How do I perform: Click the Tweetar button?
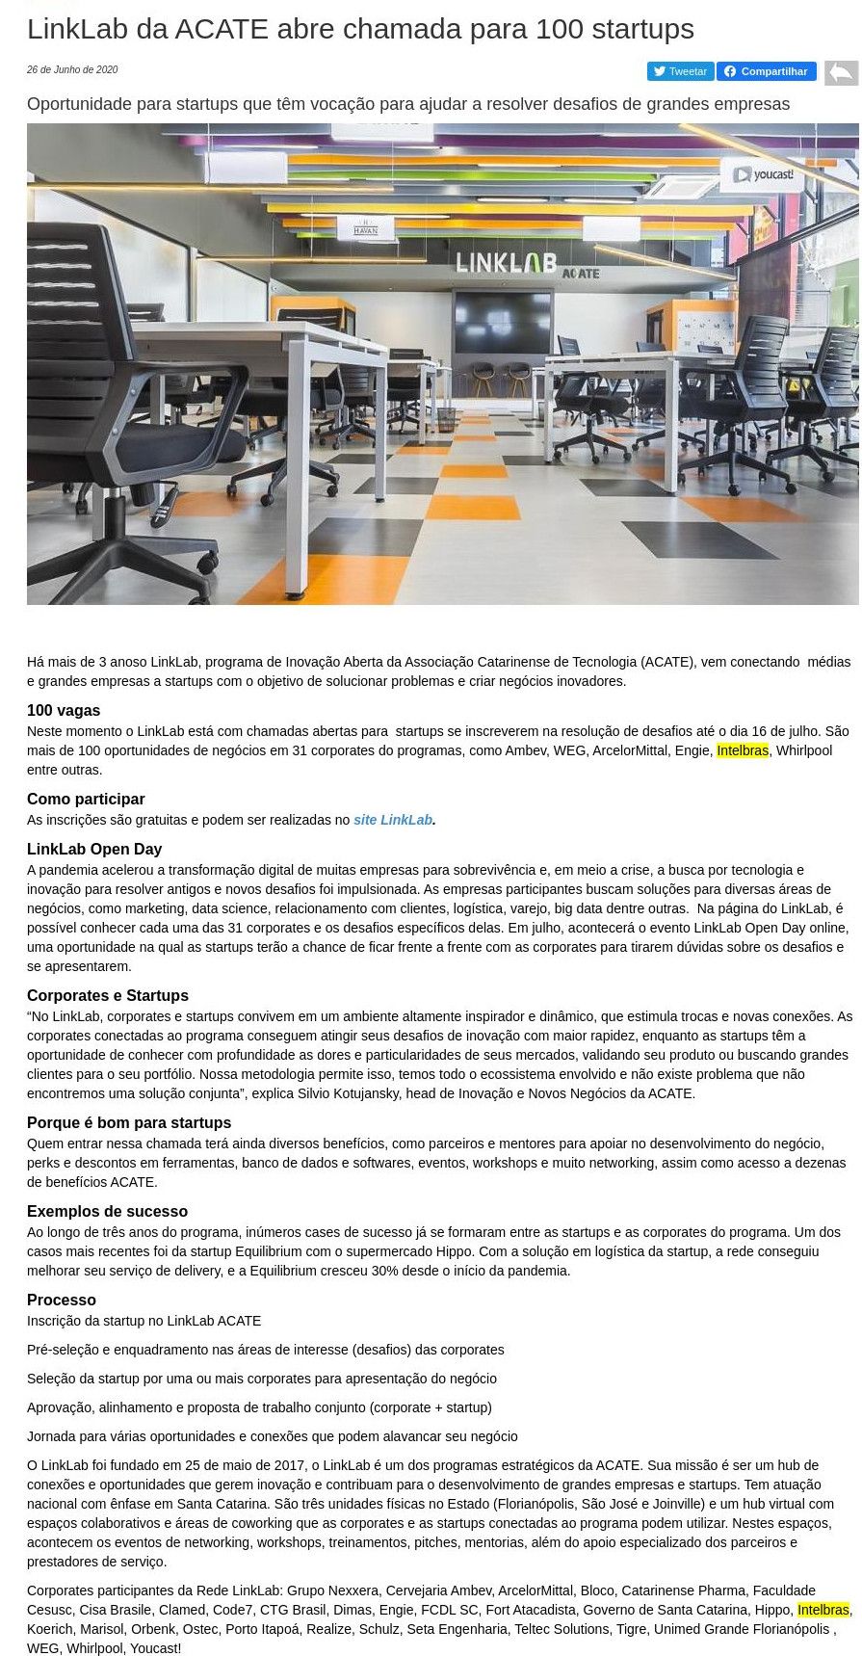680,71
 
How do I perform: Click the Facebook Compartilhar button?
766,71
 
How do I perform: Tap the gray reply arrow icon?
841,72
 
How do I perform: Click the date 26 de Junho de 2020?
72,70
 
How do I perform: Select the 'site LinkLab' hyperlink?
393,820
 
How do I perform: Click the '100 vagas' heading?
64,711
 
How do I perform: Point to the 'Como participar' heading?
86,799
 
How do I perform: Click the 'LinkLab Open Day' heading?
94,849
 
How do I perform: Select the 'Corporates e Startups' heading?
108,995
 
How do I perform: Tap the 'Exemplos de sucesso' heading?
107,1211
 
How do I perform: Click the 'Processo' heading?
62,1300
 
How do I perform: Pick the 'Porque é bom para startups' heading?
129,1122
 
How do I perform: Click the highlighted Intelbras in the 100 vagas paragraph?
743,750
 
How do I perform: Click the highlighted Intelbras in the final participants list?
823,1610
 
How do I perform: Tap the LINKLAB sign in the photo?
507,263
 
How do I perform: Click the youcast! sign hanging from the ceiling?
762,175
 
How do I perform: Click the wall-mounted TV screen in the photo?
503,323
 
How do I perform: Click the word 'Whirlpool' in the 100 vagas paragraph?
804,750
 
